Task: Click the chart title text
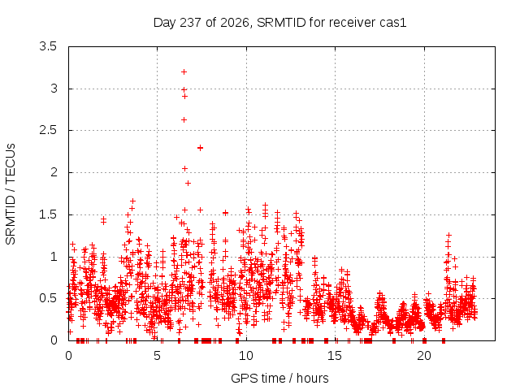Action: click(279, 23)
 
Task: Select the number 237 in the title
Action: click(191, 23)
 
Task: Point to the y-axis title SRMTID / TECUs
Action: click(11, 194)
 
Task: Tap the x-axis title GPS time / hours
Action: click(279, 378)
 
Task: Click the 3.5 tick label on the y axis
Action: click(48, 46)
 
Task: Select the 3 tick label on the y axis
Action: click(54, 89)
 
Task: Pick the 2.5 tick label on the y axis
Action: click(48, 130)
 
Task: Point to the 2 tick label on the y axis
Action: click(54, 172)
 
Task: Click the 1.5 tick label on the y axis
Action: click(48, 214)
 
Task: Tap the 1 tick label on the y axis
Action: click(54, 257)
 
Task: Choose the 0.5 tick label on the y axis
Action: click(48, 298)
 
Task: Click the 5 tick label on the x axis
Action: click(157, 356)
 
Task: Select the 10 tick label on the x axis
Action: click(245, 356)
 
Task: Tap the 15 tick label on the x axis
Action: click(335, 356)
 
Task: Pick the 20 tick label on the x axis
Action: click(424, 356)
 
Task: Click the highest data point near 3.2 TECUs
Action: click(184, 72)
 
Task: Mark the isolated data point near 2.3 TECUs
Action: click(200, 148)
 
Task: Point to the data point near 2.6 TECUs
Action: click(184, 119)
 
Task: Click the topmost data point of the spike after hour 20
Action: click(448, 235)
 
